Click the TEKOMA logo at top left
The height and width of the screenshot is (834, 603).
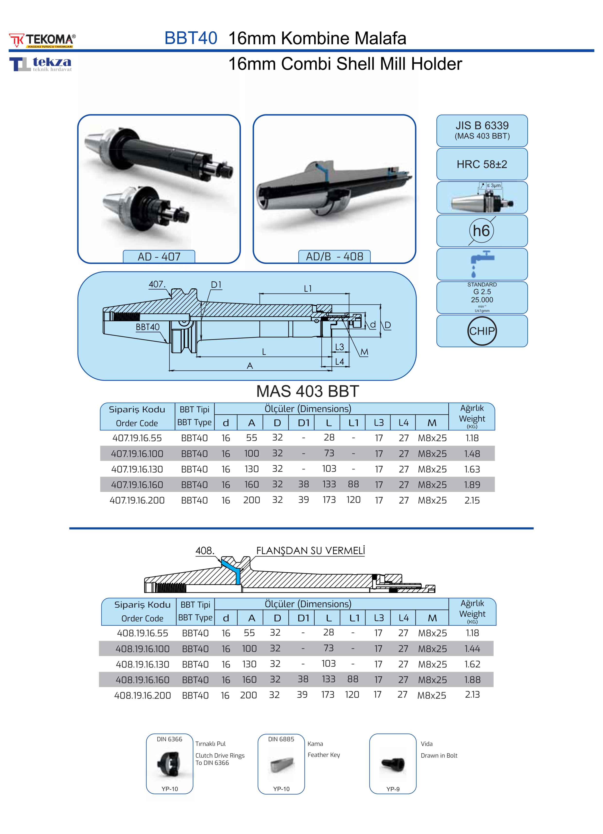pyautogui.click(x=42, y=40)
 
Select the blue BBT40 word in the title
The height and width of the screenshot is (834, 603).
pyautogui.click(x=191, y=38)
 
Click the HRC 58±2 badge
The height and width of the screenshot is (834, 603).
pyautogui.click(x=482, y=164)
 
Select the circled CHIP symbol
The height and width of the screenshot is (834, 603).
pyautogui.click(x=482, y=331)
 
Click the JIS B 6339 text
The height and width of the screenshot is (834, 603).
pyautogui.click(x=482, y=125)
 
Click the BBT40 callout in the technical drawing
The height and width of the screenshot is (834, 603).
pyautogui.click(x=147, y=327)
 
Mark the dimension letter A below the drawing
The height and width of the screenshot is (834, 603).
pyautogui.click(x=250, y=365)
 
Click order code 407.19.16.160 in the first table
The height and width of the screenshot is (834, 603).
pyautogui.click(x=137, y=485)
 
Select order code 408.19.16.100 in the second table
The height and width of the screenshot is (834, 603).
pyautogui.click(x=143, y=649)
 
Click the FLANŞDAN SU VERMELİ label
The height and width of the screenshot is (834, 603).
pyautogui.click(x=310, y=550)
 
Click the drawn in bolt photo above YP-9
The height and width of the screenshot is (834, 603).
pyautogui.click(x=393, y=764)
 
